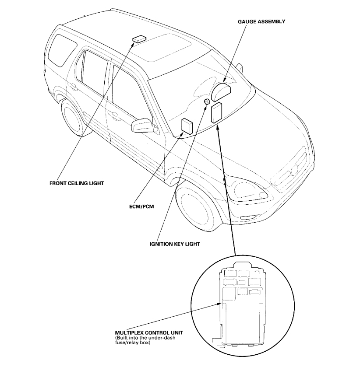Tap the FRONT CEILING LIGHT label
click(x=76, y=183)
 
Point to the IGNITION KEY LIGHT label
click(x=174, y=244)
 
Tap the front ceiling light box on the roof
click(x=139, y=39)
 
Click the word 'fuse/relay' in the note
click(x=125, y=343)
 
